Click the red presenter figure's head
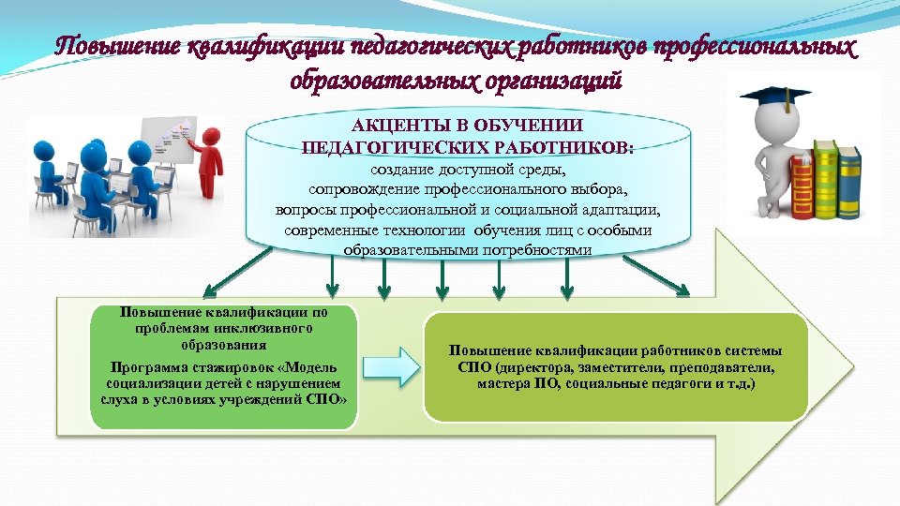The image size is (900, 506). [213, 136]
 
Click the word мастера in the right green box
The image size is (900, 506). [502, 384]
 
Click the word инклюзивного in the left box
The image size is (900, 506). [268, 328]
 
